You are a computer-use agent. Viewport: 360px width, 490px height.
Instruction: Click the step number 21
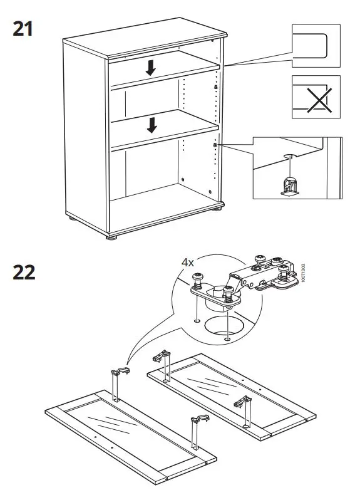(x=23, y=29)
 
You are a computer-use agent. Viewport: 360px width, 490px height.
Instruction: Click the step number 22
(x=23, y=273)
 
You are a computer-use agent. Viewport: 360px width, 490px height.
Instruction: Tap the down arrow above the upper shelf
(x=150, y=67)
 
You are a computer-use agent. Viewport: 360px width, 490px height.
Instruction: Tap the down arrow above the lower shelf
(x=151, y=125)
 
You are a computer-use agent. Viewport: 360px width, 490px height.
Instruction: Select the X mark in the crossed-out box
(x=319, y=98)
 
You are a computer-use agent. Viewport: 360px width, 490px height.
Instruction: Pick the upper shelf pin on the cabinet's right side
(x=216, y=88)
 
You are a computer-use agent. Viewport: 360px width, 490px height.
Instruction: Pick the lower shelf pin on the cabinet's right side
(x=215, y=145)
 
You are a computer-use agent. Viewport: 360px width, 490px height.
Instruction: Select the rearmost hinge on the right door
(x=164, y=364)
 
